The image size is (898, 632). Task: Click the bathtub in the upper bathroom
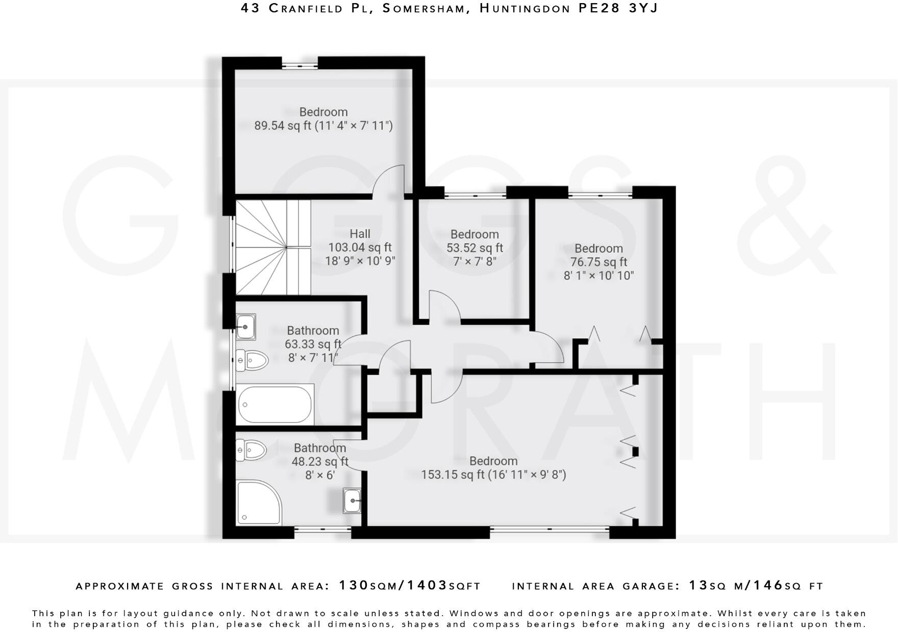pos(275,405)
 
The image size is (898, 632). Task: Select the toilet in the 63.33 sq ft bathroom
pos(253,360)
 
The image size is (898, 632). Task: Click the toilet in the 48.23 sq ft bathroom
pos(252,450)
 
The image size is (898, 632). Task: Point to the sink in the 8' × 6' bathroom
pos(352,501)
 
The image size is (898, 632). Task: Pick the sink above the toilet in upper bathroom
pos(246,327)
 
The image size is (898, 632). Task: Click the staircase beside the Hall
pos(273,247)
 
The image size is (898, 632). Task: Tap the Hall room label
pos(360,234)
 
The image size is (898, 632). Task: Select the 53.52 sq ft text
pos(475,248)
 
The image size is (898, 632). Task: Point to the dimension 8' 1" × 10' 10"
pos(598,276)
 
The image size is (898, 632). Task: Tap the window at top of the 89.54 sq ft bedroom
pos(300,65)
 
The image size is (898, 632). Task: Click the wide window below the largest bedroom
pos(550,530)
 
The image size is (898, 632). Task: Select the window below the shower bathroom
pos(322,530)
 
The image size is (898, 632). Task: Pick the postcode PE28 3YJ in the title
pos(617,8)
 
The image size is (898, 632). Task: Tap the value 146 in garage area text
pos(768,586)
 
